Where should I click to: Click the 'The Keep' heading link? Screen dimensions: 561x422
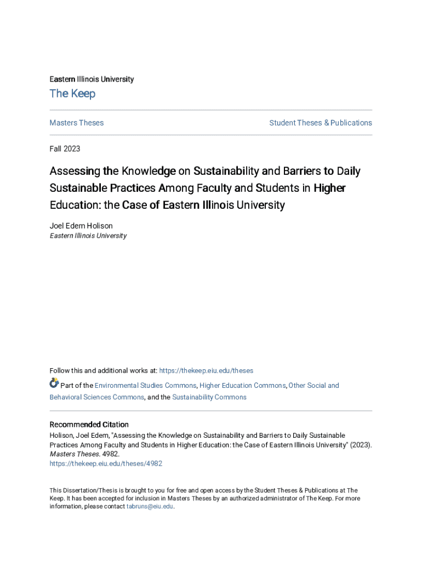tap(72, 94)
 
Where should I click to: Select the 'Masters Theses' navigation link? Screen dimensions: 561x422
tap(76, 123)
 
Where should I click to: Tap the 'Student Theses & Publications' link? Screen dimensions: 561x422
tap(320, 123)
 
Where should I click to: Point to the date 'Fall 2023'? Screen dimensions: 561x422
tap(65, 148)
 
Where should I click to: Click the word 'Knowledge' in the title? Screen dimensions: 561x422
tap(149, 171)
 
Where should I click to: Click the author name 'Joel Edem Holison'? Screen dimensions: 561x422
tap(81, 226)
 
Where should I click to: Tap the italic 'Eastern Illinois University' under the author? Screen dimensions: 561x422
tap(88, 236)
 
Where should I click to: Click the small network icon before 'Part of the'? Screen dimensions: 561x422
tap(54, 383)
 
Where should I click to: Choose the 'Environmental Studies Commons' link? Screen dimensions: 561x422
tap(146, 386)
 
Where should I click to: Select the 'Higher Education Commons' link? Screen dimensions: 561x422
tap(242, 386)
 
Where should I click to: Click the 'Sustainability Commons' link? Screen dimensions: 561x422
tap(209, 397)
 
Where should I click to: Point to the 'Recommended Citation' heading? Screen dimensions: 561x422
tap(89, 425)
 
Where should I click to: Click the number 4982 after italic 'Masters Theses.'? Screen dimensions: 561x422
tap(110, 454)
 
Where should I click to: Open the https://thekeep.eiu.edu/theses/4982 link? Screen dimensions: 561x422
tap(106, 463)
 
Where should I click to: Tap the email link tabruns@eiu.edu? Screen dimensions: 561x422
tap(150, 507)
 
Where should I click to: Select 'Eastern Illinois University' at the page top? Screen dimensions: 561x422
tap(92, 79)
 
